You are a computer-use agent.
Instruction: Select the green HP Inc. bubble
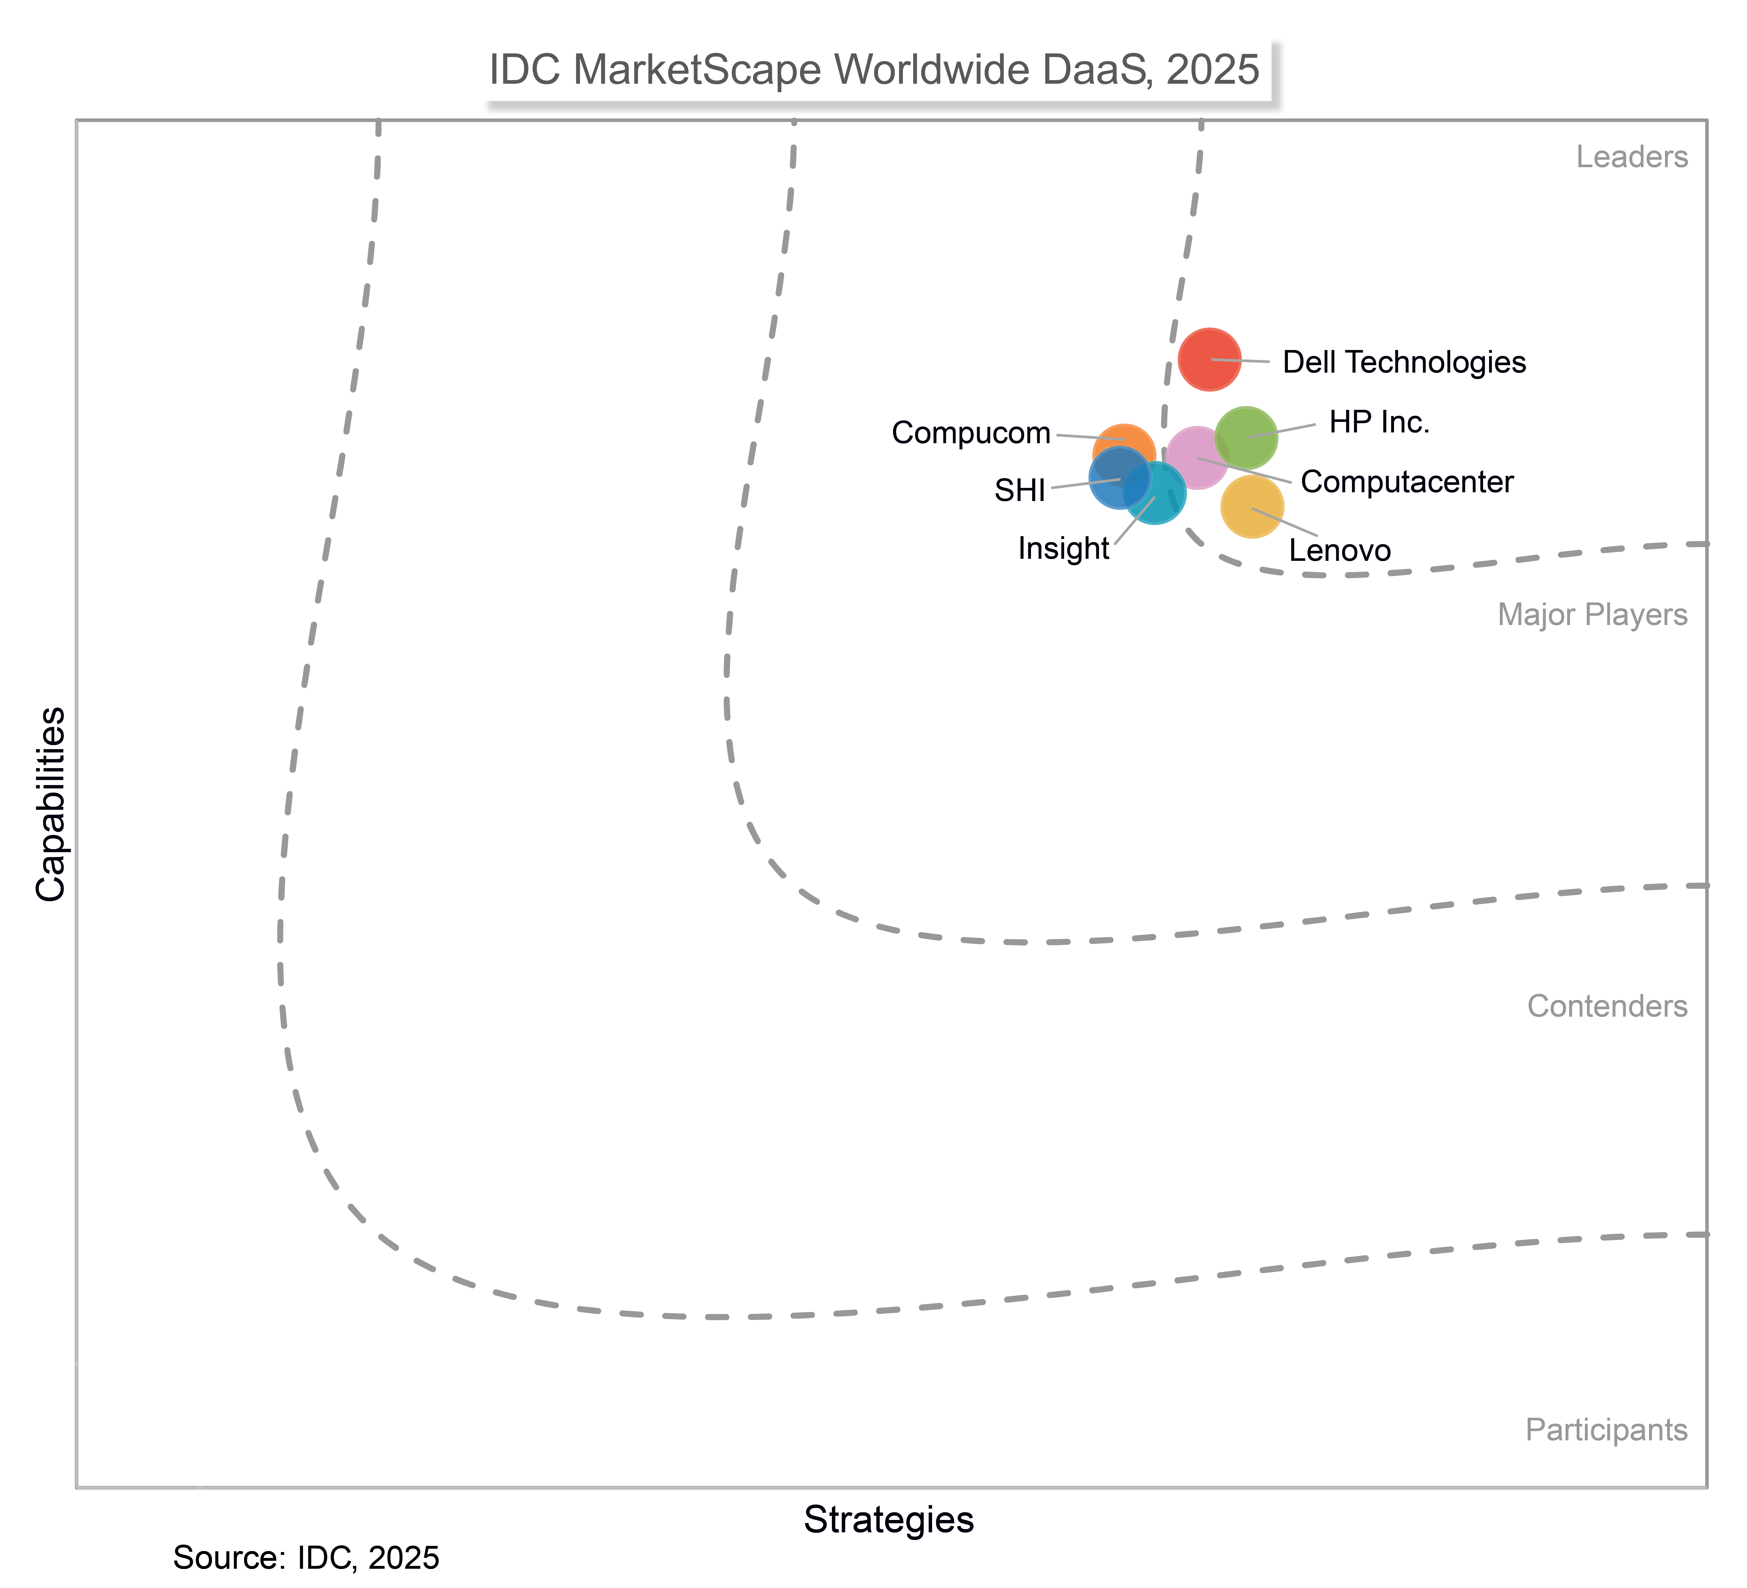[x=1246, y=438]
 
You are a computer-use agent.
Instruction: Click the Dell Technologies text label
[x=1404, y=362]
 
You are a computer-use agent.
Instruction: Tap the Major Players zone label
[x=1592, y=615]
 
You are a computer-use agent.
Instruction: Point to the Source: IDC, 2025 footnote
[x=306, y=1558]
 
